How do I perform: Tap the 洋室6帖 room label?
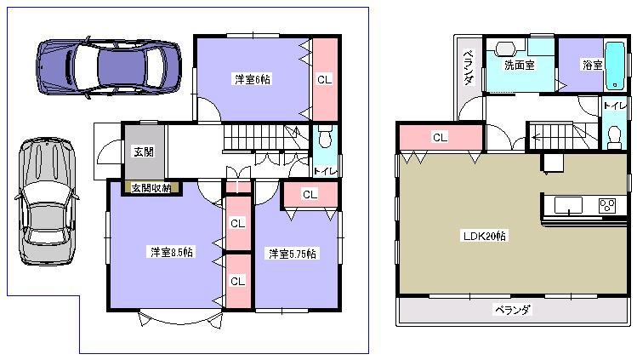tap(253, 80)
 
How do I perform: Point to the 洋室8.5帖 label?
tap(171, 253)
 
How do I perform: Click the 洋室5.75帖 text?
tap(293, 254)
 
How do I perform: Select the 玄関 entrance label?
tap(144, 152)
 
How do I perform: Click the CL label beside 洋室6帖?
tap(324, 79)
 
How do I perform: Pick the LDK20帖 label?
tap(485, 236)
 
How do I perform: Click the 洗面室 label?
tap(518, 65)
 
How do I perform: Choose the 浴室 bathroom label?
tap(592, 65)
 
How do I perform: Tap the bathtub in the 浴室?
tap(614, 65)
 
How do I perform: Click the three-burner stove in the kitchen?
tap(607, 205)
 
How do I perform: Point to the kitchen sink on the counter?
tap(568, 205)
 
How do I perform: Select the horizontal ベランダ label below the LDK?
tap(512, 310)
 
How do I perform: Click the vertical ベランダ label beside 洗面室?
tap(469, 68)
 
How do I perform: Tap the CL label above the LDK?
tap(440, 137)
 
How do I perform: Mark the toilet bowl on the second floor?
tap(613, 134)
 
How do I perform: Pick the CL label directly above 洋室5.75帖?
tap(310, 194)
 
